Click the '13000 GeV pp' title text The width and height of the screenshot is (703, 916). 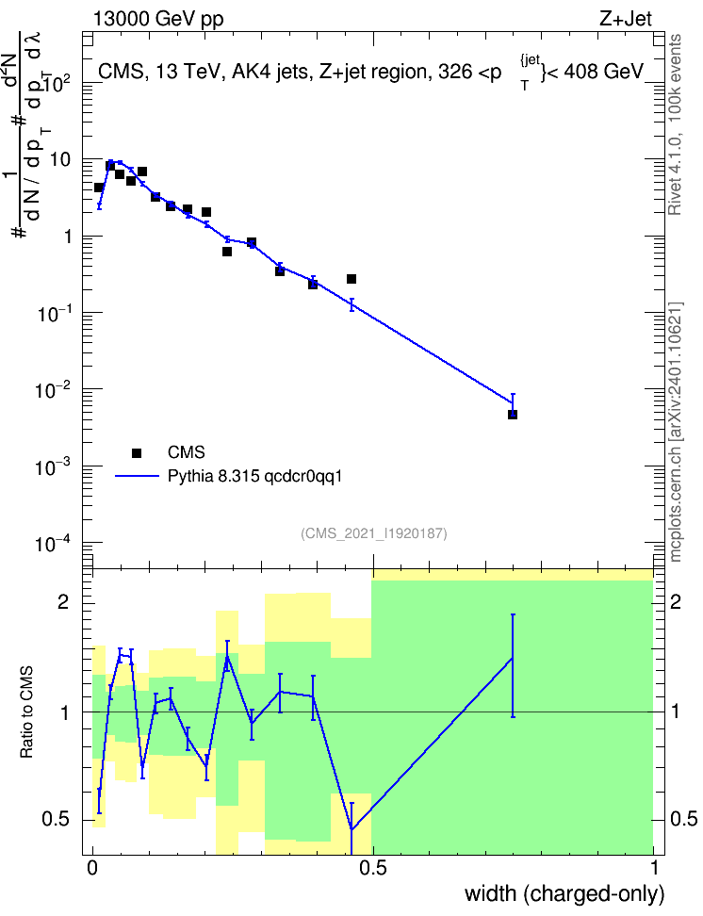pyautogui.click(x=157, y=19)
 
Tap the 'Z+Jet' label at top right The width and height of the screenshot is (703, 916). pyautogui.click(x=626, y=19)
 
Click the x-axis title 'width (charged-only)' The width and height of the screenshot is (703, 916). pyautogui.click(x=564, y=893)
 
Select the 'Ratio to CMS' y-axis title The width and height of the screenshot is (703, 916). pyautogui.click(x=27, y=712)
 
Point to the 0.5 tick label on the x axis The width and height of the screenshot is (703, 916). pyautogui.click(x=373, y=867)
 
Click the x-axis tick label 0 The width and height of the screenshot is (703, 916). pyautogui.click(x=92, y=867)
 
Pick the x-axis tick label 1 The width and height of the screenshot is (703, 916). pyautogui.click(x=654, y=867)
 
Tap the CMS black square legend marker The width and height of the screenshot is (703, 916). pyautogui.click(x=137, y=452)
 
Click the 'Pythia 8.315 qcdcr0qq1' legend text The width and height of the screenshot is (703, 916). pyautogui.click(x=254, y=476)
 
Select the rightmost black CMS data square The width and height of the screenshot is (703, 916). pyautogui.click(x=513, y=415)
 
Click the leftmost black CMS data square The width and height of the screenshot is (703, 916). pyautogui.click(x=99, y=188)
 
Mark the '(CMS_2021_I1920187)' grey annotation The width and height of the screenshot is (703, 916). pyautogui.click(x=374, y=532)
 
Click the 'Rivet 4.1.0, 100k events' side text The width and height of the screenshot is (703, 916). pyautogui.click(x=675, y=124)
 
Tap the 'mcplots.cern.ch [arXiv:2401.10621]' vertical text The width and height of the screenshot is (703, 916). pyautogui.click(x=676, y=432)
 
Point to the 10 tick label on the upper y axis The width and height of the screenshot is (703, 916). pyautogui.click(x=60, y=159)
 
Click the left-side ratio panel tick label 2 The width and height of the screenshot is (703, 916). pyautogui.click(x=63, y=601)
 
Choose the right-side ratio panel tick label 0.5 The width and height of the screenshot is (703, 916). pyautogui.click(x=683, y=818)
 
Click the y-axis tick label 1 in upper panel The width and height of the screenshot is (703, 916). pyautogui.click(x=67, y=236)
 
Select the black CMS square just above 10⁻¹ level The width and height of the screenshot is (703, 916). pyautogui.click(x=351, y=279)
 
